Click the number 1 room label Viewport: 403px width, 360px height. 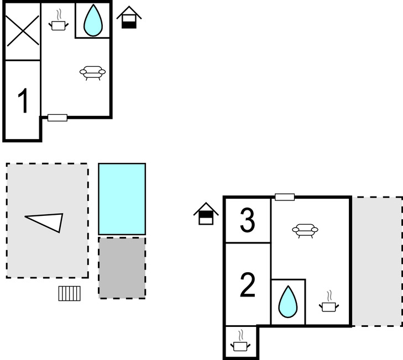tap(23, 102)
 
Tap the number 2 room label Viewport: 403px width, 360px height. tap(248, 285)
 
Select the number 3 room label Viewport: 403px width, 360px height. tap(247, 220)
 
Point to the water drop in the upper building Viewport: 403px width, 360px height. tap(93, 21)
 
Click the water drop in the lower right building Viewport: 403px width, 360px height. tap(287, 302)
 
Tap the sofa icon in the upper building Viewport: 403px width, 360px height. tap(92, 72)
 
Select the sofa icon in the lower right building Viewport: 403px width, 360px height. tap(305, 230)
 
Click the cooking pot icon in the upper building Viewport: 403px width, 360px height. tap(59, 22)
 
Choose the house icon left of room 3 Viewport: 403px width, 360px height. tap(206, 214)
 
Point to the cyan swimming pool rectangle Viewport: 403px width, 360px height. tap(122, 199)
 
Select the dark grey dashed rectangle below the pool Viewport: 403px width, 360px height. tap(122, 268)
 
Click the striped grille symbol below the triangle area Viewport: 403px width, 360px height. tap(70, 293)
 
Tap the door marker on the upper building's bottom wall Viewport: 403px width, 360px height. tap(57, 118)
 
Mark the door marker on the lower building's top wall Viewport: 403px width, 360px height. tap(285, 197)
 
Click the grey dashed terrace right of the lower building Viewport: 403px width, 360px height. tap(376, 261)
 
